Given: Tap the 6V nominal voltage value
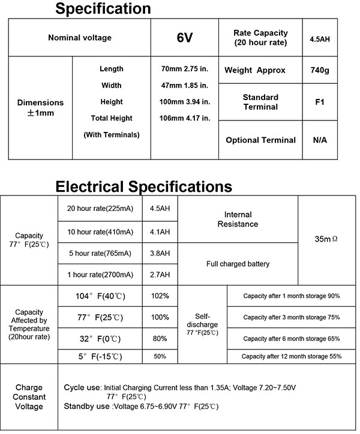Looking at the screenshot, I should click(184, 38).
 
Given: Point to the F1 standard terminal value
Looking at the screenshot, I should click(319, 102).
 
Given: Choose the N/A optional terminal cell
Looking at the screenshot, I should click(319, 140).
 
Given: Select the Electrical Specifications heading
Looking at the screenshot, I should click(143, 186).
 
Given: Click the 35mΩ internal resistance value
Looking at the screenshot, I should click(326, 239).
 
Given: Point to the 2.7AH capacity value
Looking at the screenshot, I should click(160, 275).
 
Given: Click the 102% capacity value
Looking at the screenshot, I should click(160, 296).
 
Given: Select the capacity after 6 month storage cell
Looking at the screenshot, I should click(292, 339).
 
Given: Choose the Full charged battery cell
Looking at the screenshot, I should click(238, 264).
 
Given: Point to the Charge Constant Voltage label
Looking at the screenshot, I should click(29, 397).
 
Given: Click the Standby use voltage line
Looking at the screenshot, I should click(141, 406).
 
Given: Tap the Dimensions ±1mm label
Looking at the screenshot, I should click(40, 107).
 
